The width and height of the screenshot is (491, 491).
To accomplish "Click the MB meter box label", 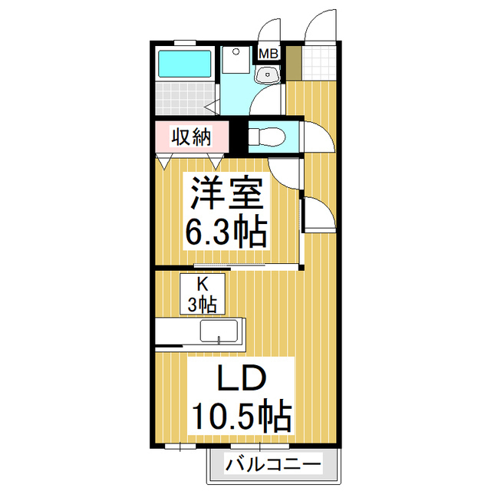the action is click(x=269, y=54).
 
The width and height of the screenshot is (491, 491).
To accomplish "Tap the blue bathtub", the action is click(x=184, y=64).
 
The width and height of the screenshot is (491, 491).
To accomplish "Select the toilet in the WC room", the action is click(x=267, y=137).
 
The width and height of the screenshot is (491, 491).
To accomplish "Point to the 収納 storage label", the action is click(x=191, y=137).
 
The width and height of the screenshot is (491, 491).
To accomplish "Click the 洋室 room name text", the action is click(x=227, y=192).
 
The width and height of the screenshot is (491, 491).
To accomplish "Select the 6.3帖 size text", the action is click(x=226, y=230).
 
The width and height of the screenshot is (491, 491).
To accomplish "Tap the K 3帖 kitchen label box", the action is click(x=203, y=294).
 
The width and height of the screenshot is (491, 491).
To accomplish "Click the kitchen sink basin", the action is click(x=219, y=331).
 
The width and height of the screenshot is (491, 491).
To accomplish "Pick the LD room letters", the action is click(x=242, y=378).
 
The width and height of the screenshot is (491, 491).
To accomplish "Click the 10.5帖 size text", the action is click(x=242, y=415).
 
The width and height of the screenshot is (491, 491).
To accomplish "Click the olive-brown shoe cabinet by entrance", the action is click(x=294, y=63).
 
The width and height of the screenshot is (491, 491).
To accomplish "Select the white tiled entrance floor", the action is click(x=319, y=63).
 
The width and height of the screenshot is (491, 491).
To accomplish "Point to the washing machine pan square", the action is click(x=236, y=60).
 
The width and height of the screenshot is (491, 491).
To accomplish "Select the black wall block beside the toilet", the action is click(x=239, y=137).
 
